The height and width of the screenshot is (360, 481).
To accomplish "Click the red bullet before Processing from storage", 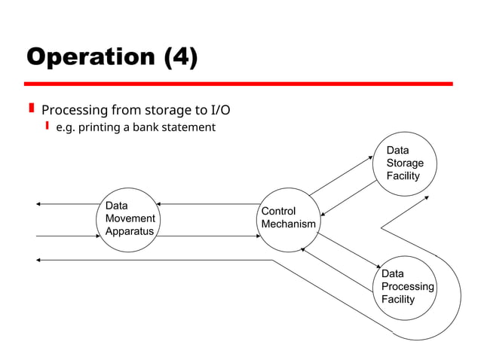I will point(31,110).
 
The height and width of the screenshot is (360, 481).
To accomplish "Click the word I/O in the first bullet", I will point(217,110).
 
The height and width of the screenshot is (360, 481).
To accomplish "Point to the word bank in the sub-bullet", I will point(147,127).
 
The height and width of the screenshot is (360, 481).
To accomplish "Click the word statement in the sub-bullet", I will point(188,127).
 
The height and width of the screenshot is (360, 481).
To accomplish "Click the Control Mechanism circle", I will point(288,218).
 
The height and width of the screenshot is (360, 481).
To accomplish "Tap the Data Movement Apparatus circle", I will point(130,218).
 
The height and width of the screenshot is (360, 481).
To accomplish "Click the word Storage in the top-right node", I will point(405,163).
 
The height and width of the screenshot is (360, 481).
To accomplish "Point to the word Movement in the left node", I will point(130,218).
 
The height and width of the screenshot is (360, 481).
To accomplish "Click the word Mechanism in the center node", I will point(288,224).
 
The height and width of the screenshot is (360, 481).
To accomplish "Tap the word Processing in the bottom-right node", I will point(407,287).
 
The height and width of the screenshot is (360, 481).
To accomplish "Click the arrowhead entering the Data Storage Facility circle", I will point(371,157).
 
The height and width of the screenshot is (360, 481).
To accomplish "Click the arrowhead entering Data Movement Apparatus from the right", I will point(160,204).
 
